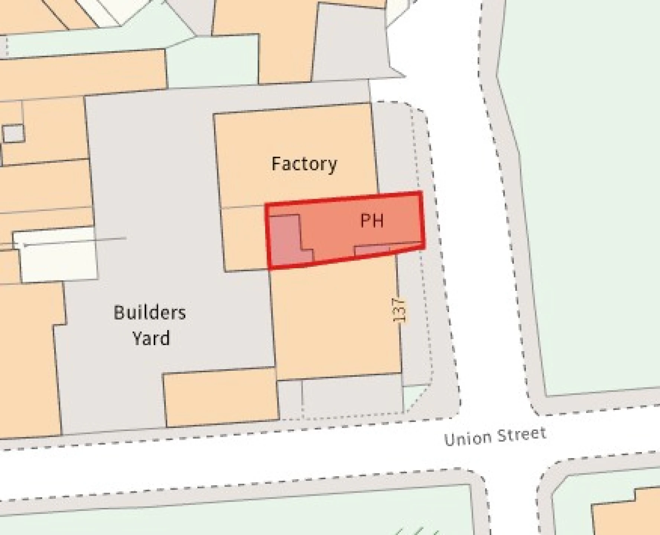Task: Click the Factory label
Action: click(304, 164)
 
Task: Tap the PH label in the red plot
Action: click(372, 221)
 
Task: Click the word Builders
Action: click(150, 312)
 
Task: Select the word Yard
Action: click(151, 338)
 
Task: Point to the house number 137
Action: click(399, 309)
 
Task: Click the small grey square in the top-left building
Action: click(13, 133)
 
